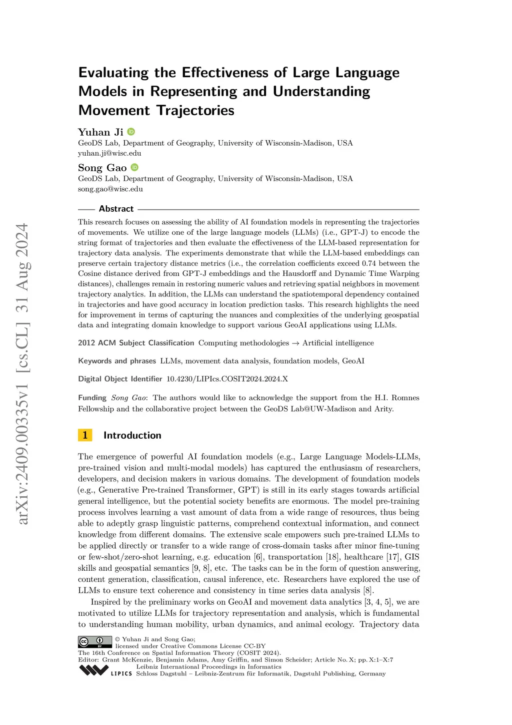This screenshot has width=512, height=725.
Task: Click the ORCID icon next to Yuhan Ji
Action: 131,132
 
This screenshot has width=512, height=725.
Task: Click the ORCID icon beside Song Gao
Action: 134,167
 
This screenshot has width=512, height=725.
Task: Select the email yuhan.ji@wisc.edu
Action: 109,153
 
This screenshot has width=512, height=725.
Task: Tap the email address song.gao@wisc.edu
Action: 110,189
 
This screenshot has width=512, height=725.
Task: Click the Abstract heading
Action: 116,209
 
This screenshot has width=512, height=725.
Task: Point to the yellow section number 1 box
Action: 85,435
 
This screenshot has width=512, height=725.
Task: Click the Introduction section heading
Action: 132,435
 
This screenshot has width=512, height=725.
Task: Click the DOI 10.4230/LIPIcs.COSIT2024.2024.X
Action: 227,379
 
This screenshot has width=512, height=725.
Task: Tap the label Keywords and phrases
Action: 117,361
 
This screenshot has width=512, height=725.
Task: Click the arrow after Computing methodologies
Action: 295,343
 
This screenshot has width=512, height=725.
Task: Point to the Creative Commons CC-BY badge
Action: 95,642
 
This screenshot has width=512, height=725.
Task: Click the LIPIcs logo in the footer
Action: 105,670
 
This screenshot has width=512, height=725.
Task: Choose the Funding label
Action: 92,398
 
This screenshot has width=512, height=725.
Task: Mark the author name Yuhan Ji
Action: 100,132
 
